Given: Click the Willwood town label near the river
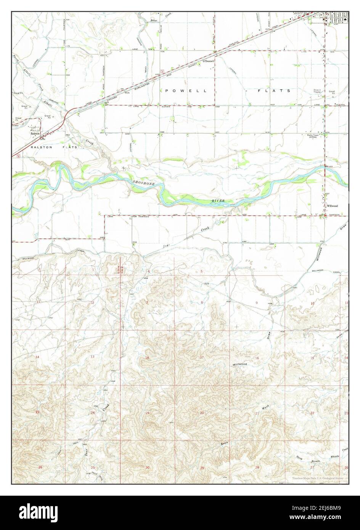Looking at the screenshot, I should (332, 206).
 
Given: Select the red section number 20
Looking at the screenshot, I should (202, 413).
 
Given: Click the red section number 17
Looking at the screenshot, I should (202, 357).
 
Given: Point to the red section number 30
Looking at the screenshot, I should (147, 467).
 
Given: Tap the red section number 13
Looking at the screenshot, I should (93, 356).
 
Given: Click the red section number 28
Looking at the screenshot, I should (257, 467).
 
